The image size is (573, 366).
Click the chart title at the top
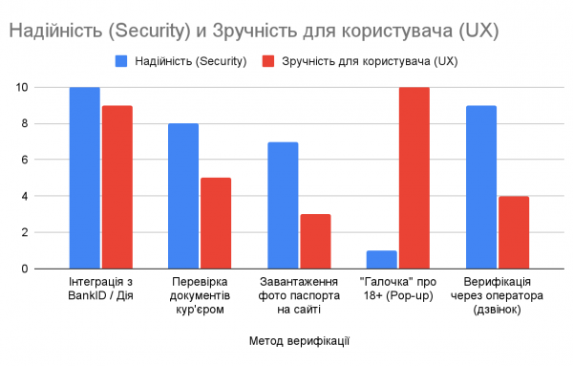point(252,31)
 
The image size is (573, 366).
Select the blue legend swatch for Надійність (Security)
point(121,61)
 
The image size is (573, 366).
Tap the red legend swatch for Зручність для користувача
point(268,61)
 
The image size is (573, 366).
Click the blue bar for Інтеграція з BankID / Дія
point(85,178)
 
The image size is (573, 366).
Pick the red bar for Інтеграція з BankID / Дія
point(117,187)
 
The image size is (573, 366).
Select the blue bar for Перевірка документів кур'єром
point(183,196)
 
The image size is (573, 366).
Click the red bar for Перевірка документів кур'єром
point(216,223)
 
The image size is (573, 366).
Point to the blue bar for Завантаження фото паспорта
point(283,205)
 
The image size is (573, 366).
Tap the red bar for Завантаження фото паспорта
point(315,241)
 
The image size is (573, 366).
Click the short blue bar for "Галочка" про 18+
point(382,259)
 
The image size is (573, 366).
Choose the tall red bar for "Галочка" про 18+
point(414,178)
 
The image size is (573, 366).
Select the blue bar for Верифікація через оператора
point(480,187)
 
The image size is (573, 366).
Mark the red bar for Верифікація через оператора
point(513,232)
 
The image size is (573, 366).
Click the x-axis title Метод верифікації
point(298,339)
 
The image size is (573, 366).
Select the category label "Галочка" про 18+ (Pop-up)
point(398,291)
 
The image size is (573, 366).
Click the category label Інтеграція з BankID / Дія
point(101,291)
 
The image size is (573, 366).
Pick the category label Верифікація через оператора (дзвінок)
point(497,296)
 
